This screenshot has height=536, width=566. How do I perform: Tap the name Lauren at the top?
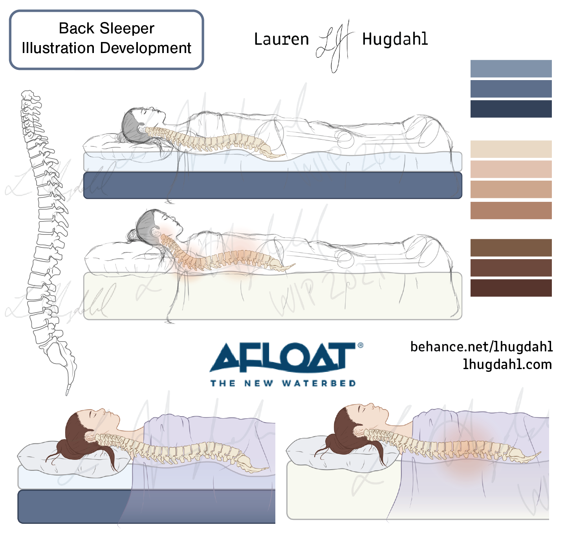(x=281, y=39)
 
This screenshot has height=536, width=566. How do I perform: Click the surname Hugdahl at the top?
(x=395, y=39)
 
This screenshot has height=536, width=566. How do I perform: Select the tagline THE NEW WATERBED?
(x=283, y=383)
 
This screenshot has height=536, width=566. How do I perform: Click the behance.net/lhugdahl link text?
(x=482, y=347)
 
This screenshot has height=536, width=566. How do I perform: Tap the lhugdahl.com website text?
(x=507, y=365)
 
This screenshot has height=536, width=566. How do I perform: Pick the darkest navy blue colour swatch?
(x=511, y=109)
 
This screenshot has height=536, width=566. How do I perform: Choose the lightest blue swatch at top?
(x=511, y=69)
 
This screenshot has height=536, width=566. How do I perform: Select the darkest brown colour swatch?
(x=511, y=288)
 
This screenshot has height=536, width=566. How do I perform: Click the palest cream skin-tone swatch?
(x=511, y=149)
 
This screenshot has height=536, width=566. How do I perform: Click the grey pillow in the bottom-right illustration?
(x=310, y=452)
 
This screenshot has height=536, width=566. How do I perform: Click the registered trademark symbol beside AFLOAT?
(x=360, y=346)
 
